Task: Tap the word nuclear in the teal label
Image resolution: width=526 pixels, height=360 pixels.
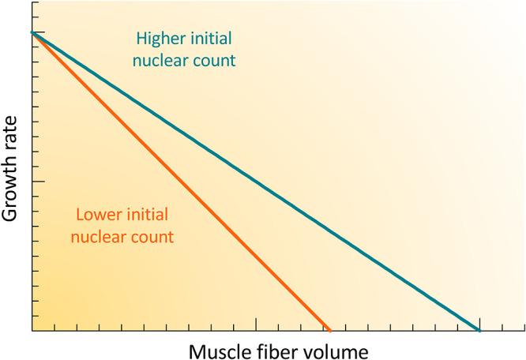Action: point(163,61)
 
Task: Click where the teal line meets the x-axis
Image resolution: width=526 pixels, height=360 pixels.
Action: point(479,330)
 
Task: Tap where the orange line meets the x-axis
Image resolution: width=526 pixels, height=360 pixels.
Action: point(329,330)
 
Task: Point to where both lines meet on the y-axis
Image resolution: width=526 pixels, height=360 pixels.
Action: point(32,32)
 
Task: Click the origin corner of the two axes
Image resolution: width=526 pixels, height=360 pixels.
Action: point(32,331)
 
